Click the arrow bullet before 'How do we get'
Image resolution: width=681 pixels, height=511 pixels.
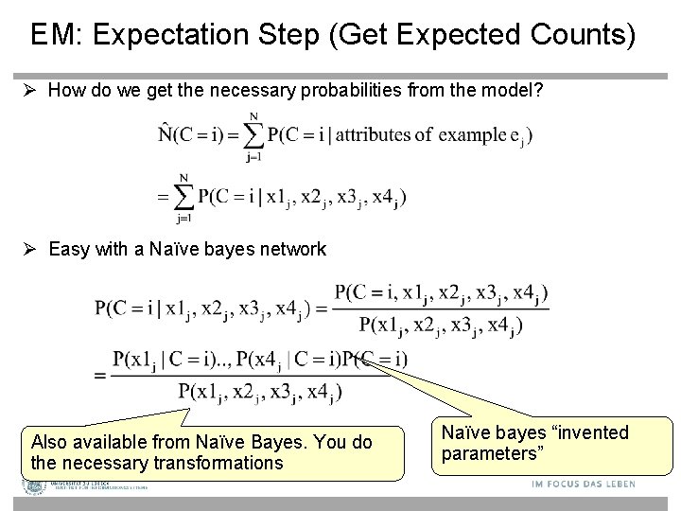pos(32,91)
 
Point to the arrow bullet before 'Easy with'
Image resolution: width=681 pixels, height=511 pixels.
pos(32,250)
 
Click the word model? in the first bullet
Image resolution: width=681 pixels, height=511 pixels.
pos(517,91)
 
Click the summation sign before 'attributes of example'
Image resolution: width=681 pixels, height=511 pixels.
pos(253,135)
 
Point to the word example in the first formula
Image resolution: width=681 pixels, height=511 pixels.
pos(472,134)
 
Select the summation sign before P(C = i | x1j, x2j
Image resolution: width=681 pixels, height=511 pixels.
pos(183,198)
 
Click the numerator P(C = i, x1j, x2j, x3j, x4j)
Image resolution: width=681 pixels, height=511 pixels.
pos(441,292)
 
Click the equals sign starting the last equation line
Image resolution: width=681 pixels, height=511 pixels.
pos(101,376)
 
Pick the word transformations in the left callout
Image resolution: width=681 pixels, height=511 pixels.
pos(218,463)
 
